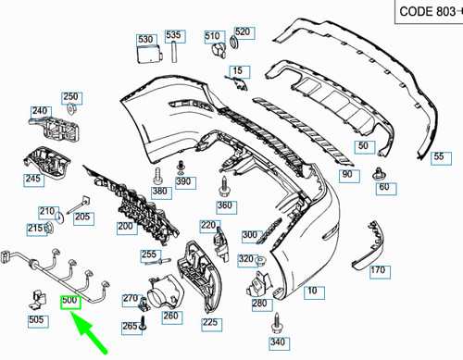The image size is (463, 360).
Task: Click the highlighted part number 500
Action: tap(70, 301)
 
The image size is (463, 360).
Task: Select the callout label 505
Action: tap(36, 320)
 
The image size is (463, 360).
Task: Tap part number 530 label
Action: tap(145, 40)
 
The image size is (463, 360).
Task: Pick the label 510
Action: tap(212, 34)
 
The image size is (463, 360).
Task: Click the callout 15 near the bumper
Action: tap(240, 71)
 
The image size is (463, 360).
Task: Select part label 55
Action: tap(439, 157)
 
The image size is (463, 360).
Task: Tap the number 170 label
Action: tap(378, 270)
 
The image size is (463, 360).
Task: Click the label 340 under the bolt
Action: tap(277, 343)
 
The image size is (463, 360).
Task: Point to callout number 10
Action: tap(314, 292)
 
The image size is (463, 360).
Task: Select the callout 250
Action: tap(71, 97)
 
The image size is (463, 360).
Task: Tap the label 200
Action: tap(125, 227)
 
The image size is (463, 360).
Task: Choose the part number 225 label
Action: tap(210, 322)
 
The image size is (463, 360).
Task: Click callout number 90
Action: tap(347, 174)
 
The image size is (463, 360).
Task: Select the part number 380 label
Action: tap(161, 192)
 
